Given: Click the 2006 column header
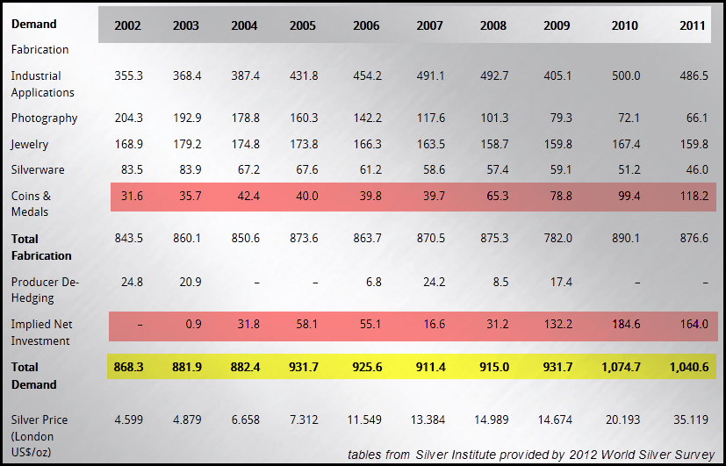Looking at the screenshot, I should coord(366,25).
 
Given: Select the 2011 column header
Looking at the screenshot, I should coord(692,25).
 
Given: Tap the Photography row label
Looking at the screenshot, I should coord(44,118).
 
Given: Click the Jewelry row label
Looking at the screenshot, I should coord(30,144).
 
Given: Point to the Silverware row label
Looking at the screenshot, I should coord(38,169).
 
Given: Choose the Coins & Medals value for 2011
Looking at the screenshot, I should coord(692,196).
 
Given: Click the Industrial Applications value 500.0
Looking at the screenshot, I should coord(625,76).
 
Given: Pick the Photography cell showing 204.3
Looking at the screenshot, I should coord(129,118).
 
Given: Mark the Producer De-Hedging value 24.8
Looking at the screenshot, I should coord(129,282).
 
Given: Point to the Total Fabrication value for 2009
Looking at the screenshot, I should coord(557,238).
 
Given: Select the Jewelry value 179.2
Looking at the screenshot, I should coord(186,144).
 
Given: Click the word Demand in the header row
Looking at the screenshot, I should coord(33,24).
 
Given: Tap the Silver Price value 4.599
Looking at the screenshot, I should coord(129,419).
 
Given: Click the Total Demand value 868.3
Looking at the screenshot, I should coord(129,367).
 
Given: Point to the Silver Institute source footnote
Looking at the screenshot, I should coord(531,454).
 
